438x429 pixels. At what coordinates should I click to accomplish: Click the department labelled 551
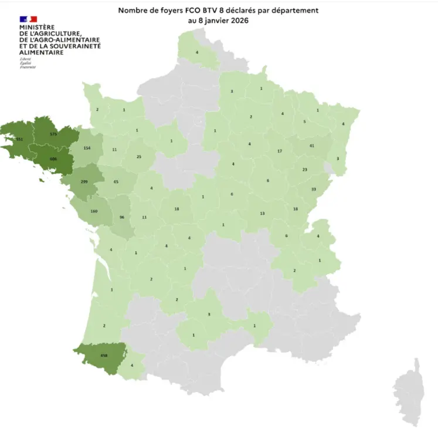tap(19, 139)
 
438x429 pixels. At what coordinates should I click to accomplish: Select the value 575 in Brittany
tap(53, 134)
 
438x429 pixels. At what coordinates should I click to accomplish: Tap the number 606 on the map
tap(53, 159)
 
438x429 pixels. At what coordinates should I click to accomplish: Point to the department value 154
tap(87, 148)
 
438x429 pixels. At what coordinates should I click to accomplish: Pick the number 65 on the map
tap(116, 183)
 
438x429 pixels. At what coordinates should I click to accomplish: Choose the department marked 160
tap(93, 211)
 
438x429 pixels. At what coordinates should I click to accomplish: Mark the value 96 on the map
tap(123, 217)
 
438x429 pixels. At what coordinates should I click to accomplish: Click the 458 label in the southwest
tap(104, 355)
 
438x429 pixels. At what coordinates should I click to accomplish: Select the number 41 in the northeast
tap(312, 145)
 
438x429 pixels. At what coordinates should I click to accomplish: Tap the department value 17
tap(280, 151)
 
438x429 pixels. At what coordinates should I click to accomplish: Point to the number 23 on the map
tap(304, 170)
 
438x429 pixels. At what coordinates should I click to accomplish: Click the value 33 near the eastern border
tap(313, 189)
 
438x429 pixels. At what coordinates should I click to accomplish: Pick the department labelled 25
tap(139, 157)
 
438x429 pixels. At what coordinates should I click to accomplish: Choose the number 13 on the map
tap(263, 213)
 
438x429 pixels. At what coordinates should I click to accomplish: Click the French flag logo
tap(28, 19)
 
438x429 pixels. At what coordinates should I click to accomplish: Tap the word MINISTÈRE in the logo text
tap(37, 28)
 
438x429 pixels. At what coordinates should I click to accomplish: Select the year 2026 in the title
tap(237, 21)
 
